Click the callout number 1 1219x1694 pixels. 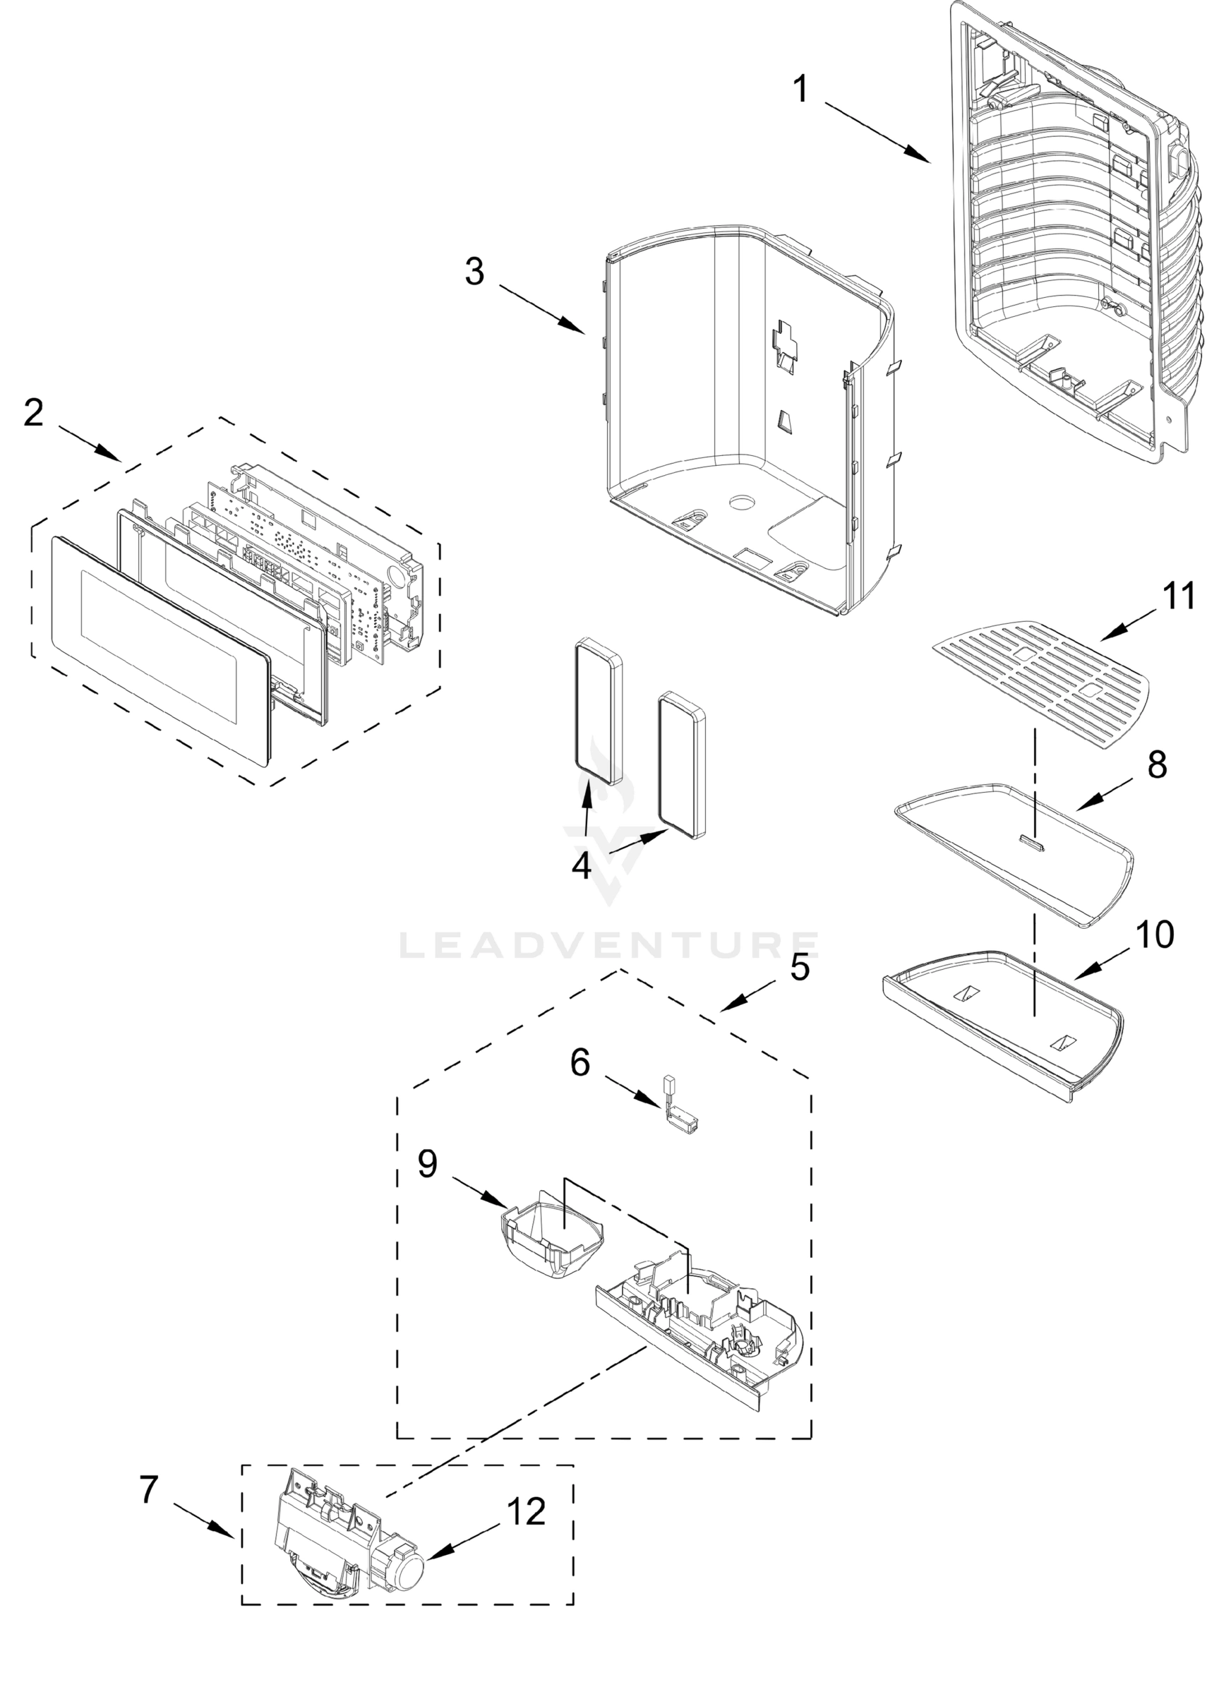(800, 90)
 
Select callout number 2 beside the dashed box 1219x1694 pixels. (34, 412)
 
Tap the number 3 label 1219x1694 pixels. (474, 271)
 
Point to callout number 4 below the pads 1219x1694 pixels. (581, 865)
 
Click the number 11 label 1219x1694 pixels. (1179, 596)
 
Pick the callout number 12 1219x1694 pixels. (526, 1511)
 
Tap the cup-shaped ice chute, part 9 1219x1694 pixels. (551, 1242)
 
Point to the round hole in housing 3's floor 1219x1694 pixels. (744, 501)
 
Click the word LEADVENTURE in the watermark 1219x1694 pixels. (608, 945)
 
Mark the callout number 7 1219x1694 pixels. (150, 1489)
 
